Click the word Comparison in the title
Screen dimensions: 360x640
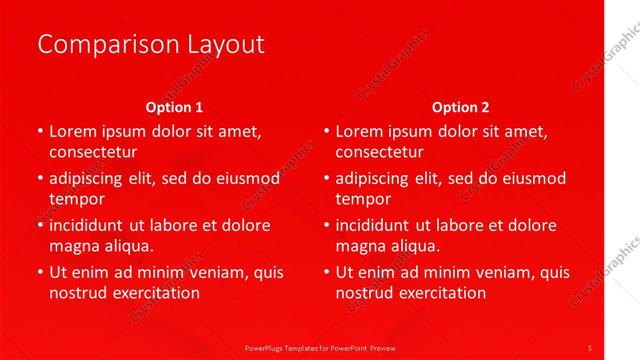coord(98,45)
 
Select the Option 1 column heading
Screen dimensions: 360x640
coord(174,107)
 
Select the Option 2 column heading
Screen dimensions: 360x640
coord(460,107)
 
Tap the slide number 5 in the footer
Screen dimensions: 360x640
coord(590,347)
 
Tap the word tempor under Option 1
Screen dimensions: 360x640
coord(75,199)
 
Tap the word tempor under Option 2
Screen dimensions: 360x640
coord(361,199)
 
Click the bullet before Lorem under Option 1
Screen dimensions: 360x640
coord(39,131)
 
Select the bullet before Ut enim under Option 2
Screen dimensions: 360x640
coord(326,272)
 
